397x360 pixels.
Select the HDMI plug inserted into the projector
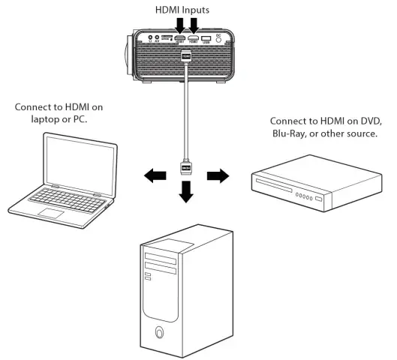(185, 56)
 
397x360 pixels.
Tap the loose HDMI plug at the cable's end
(185, 167)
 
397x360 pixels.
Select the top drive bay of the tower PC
(166, 256)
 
